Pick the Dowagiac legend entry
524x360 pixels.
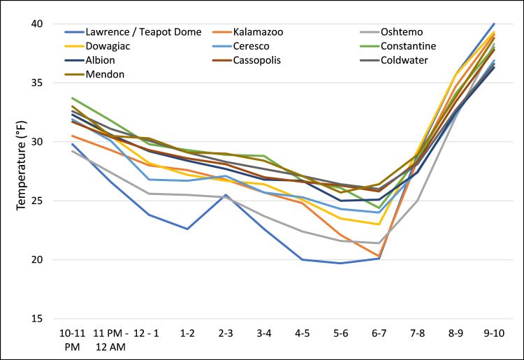(x=108, y=46)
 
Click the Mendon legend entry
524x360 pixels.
(x=103, y=74)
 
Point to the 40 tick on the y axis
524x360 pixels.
(x=36, y=24)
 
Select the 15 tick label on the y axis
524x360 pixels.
(x=36, y=319)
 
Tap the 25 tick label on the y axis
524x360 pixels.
(x=36, y=201)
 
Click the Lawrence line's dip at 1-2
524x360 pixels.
(x=187, y=229)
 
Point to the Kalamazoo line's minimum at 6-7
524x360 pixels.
(x=379, y=256)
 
